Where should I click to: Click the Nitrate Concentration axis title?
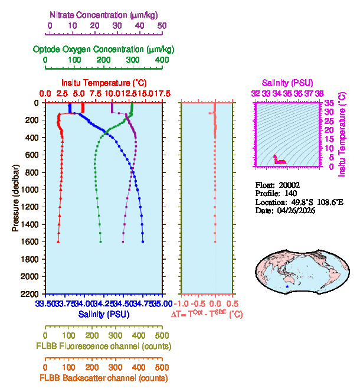coord(104,14)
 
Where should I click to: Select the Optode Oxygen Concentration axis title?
coord(104,48)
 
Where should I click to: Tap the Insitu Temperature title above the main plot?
coord(104,83)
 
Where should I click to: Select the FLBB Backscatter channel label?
coord(104,378)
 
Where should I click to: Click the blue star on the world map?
coord(287,286)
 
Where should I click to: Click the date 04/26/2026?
coord(296,211)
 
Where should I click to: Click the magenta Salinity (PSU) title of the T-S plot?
coord(287,83)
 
